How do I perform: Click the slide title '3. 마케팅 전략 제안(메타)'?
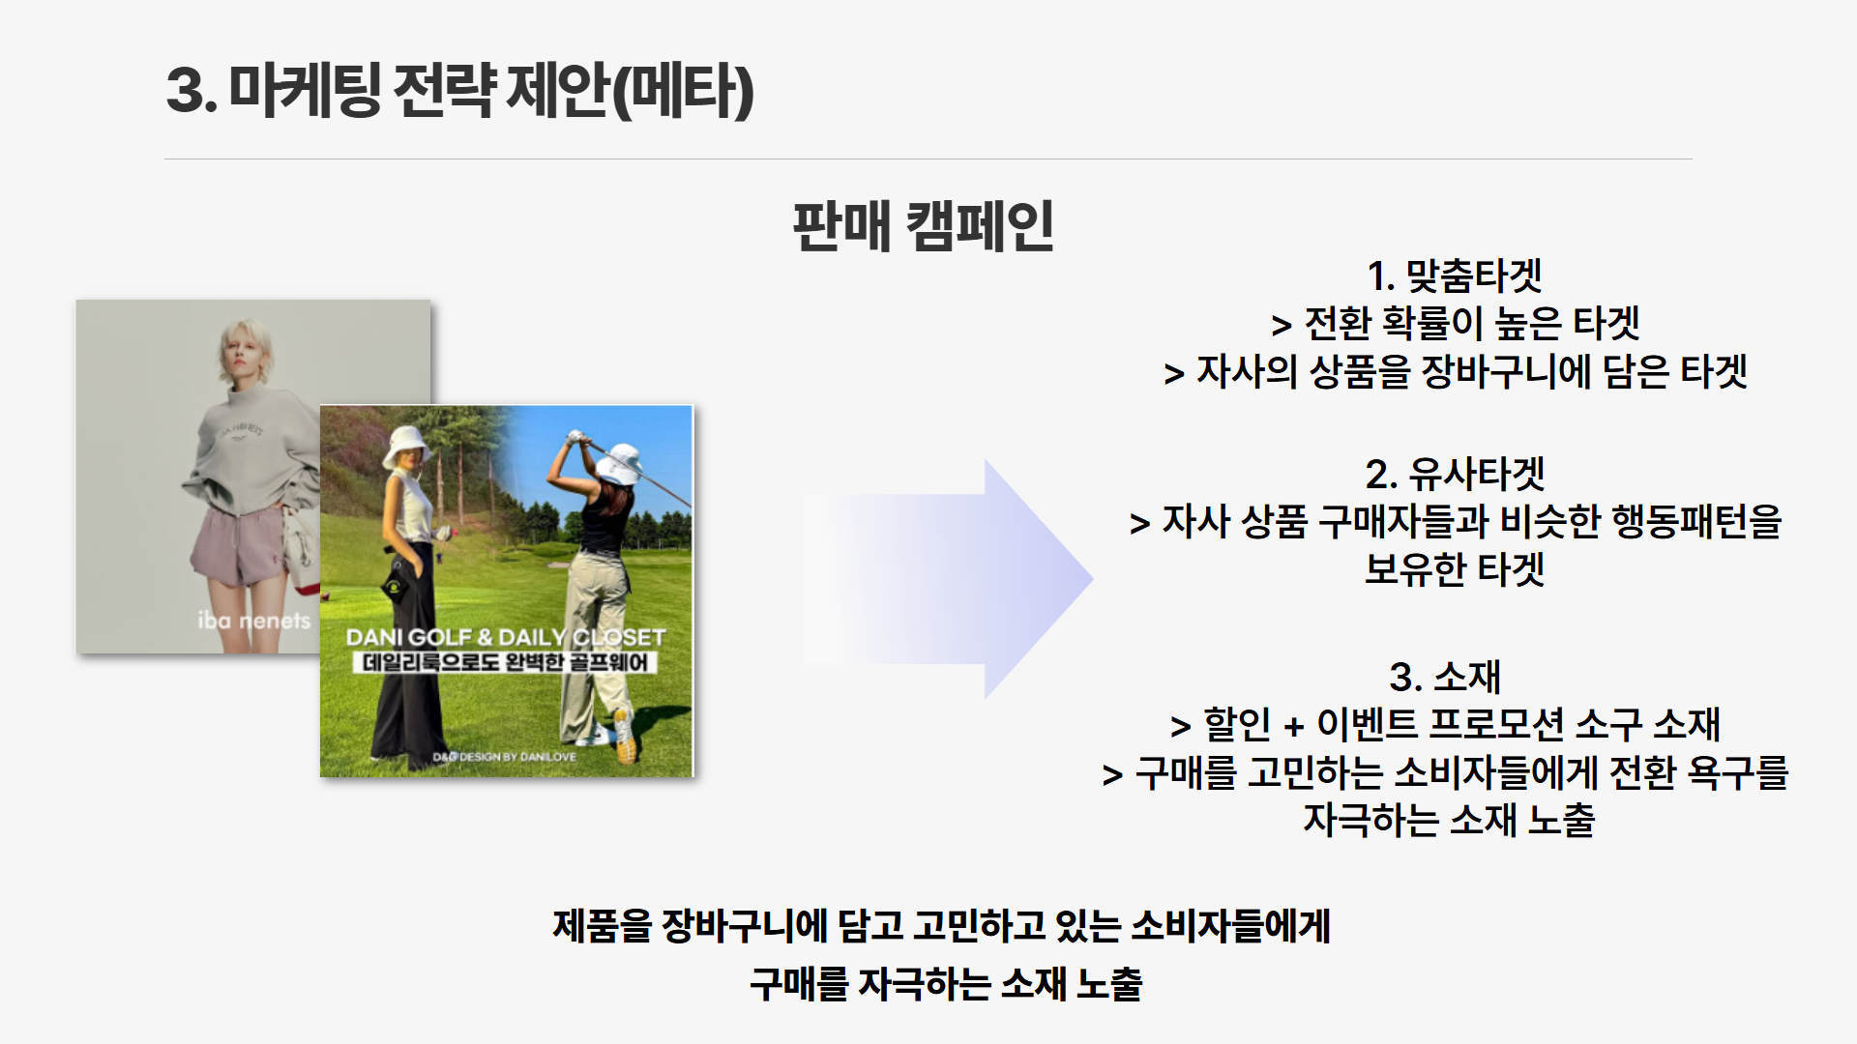(x=460, y=91)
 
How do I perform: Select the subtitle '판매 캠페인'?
(x=924, y=227)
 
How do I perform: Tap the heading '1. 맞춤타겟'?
(x=1455, y=276)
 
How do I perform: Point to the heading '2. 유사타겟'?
(x=1455, y=474)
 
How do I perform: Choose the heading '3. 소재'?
(x=1445, y=677)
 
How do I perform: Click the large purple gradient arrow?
(x=948, y=579)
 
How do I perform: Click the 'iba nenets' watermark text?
(x=254, y=620)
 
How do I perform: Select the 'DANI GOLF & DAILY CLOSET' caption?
(x=506, y=637)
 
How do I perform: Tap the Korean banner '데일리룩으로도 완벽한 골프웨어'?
(x=506, y=662)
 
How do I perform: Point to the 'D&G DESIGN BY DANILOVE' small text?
(x=504, y=757)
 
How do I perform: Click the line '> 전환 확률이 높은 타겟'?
(x=1456, y=324)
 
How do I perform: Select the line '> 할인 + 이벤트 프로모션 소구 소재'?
(x=1445, y=724)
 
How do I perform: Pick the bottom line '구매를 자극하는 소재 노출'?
(x=946, y=984)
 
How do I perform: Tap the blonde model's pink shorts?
(x=246, y=547)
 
